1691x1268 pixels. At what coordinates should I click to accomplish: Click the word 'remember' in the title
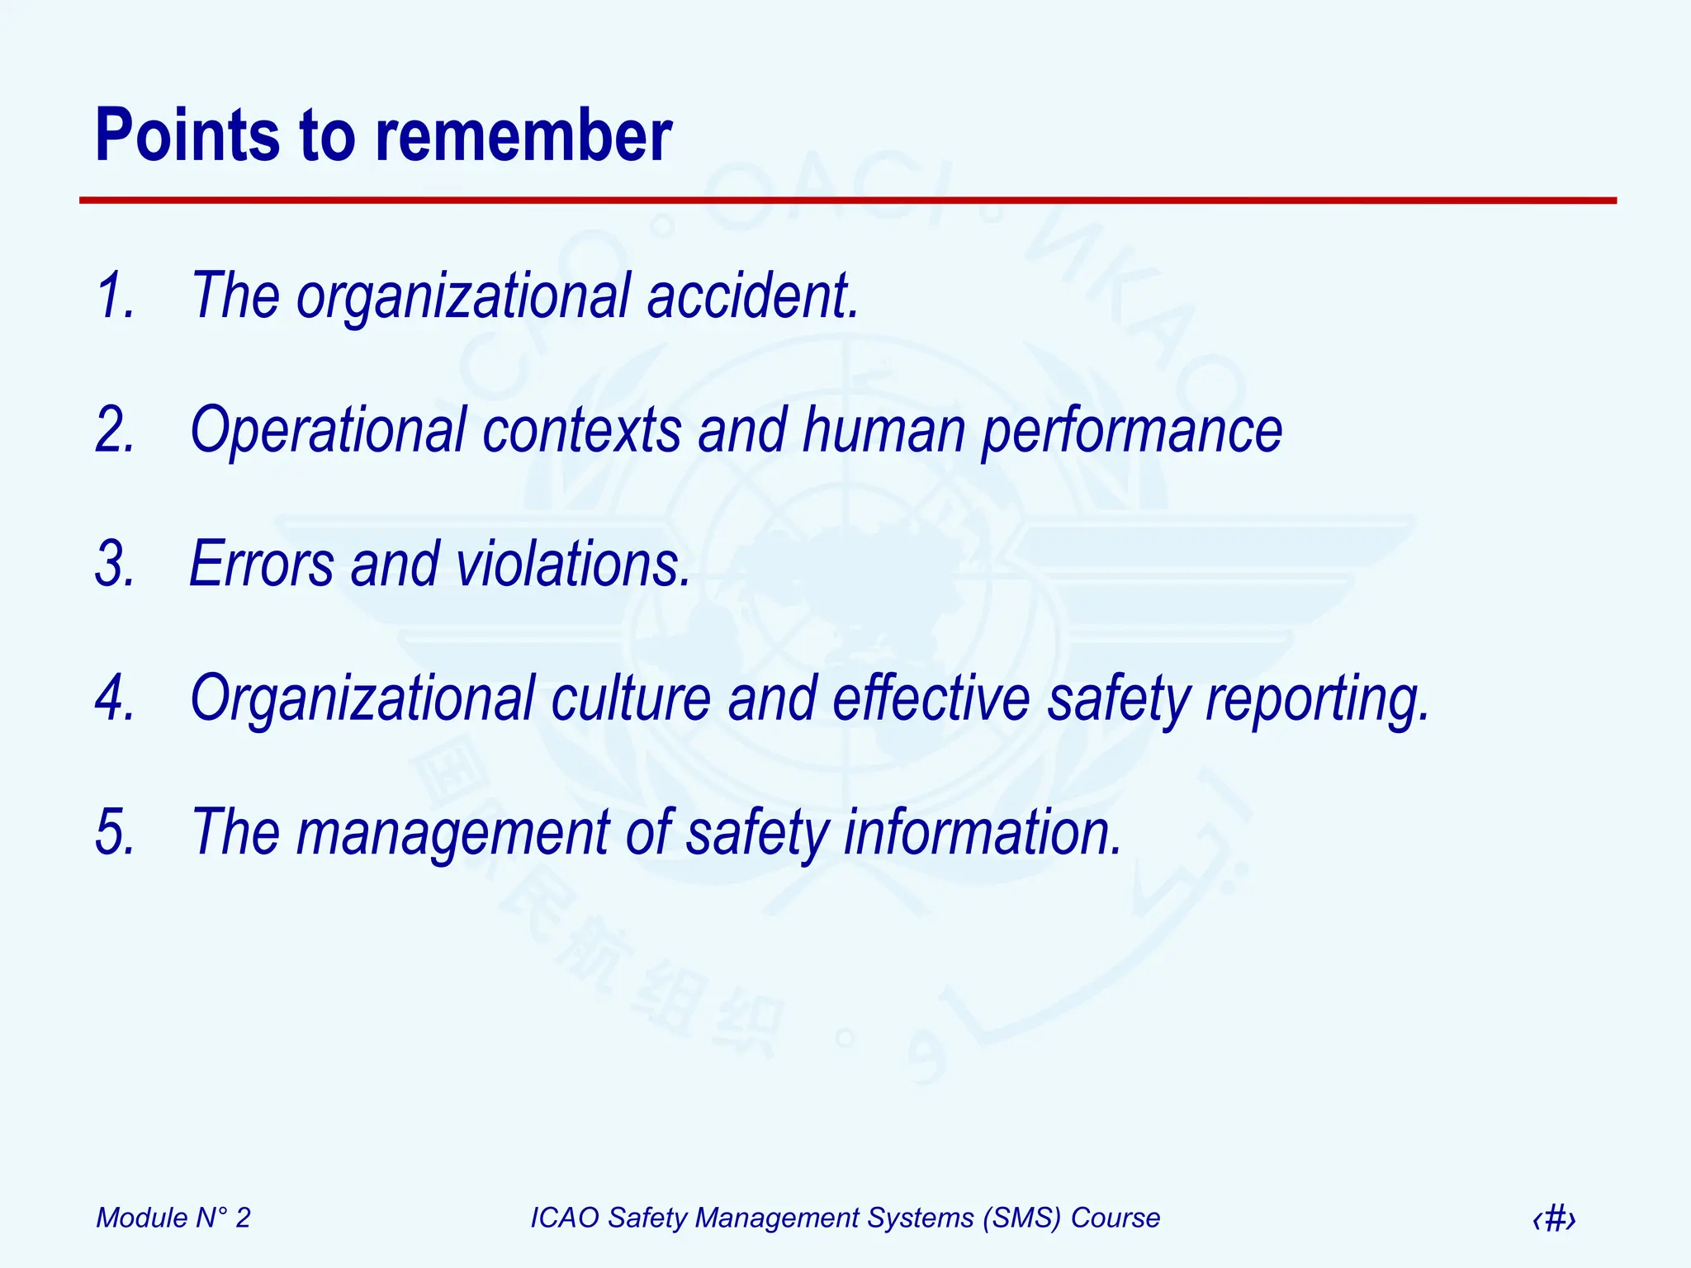tap(523, 136)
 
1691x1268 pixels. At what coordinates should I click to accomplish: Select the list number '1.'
tap(115, 296)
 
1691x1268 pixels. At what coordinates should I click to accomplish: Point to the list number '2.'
tap(115, 430)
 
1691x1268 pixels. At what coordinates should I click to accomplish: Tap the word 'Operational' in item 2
tap(329, 430)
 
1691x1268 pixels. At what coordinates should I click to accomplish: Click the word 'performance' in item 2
tap(1131, 430)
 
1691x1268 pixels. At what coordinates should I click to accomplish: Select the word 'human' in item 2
tap(883, 430)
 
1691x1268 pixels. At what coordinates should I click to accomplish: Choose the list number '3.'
tap(115, 565)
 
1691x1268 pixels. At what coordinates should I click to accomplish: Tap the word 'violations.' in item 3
tap(573, 565)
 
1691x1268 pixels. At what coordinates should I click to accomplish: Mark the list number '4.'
tap(115, 698)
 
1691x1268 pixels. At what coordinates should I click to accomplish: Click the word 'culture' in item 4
tap(631, 698)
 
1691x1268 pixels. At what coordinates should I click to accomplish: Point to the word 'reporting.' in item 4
tap(1318, 698)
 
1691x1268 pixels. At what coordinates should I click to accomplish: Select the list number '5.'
tap(115, 832)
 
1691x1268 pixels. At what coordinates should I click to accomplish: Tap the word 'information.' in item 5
tap(983, 832)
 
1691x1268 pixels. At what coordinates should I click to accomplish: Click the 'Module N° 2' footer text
tap(173, 1218)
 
